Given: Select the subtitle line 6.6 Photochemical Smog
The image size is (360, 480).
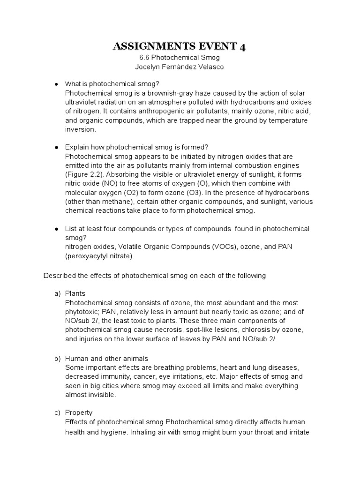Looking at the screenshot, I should coord(180,58).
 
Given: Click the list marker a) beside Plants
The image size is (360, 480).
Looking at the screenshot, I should coord(58,293).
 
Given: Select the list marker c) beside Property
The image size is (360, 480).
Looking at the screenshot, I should coord(58,412).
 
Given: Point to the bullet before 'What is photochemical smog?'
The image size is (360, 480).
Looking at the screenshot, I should coord(56,84).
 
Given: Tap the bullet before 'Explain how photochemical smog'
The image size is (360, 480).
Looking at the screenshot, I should coord(56,147).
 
